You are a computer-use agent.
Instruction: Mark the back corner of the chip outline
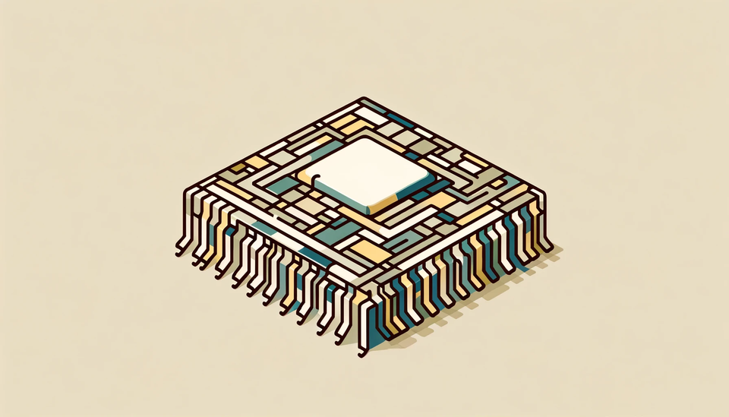tap(362, 99)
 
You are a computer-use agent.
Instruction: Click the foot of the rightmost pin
tap(548, 247)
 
